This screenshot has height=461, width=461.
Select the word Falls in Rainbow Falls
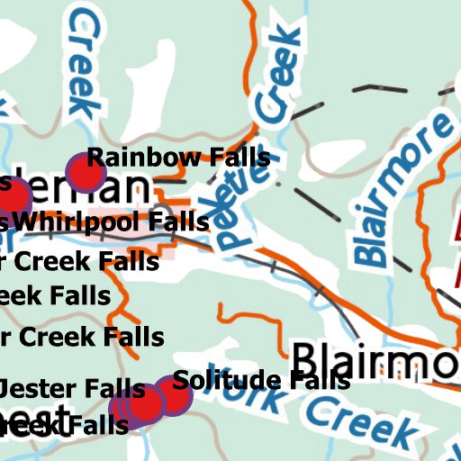pos(238,158)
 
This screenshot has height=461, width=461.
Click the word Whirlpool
pos(77,221)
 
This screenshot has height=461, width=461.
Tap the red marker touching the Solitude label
pos(171,396)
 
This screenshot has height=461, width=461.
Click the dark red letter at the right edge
pos(454,252)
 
